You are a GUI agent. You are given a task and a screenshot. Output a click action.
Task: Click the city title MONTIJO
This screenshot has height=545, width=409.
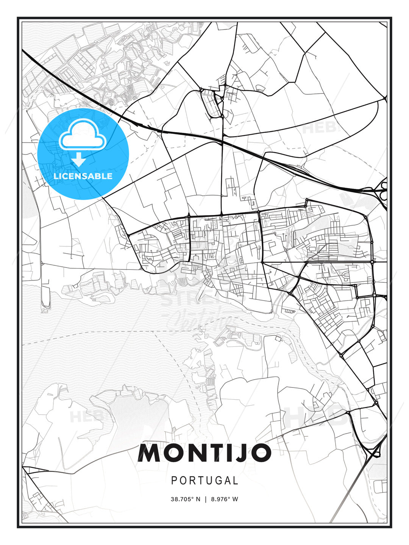(204, 453)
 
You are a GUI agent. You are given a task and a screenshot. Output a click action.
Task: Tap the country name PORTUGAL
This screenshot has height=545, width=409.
(204, 481)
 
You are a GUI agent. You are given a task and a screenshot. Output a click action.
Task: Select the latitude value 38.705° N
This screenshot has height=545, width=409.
(185, 499)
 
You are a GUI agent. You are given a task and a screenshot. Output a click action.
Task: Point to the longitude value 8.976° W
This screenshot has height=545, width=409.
(225, 499)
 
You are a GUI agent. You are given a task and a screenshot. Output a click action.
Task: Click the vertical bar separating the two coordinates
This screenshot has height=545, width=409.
(206, 499)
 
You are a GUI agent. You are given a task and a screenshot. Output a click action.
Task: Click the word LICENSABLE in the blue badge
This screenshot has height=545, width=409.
(83, 176)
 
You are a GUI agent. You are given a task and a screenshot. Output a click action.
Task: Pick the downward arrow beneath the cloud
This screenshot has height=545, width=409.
(79, 160)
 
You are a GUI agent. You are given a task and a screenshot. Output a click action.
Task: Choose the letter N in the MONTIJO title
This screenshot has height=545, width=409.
(193, 453)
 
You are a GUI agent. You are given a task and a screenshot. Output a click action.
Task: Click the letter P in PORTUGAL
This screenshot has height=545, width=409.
(174, 481)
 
